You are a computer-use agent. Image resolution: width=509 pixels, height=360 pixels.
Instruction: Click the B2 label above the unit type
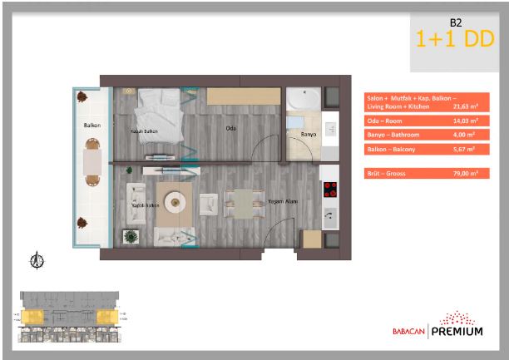455,23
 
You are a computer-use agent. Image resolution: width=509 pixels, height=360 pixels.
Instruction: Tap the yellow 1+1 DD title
455,38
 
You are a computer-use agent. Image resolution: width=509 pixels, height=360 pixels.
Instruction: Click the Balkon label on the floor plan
91,126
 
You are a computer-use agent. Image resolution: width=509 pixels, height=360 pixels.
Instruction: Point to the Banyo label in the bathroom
307,132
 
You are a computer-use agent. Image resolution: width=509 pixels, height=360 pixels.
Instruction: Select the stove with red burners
329,189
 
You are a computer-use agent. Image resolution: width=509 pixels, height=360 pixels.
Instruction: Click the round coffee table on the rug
175,202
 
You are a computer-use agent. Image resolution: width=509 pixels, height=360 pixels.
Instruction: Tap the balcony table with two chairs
91,163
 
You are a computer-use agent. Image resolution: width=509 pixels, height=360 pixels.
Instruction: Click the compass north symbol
36,261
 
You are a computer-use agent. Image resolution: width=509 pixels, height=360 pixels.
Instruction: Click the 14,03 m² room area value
465,121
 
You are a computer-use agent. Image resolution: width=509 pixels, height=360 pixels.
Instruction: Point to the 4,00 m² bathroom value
465,135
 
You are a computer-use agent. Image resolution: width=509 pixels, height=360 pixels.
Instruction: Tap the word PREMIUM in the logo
457,332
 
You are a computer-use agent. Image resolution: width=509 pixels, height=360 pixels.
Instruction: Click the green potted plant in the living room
131,237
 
